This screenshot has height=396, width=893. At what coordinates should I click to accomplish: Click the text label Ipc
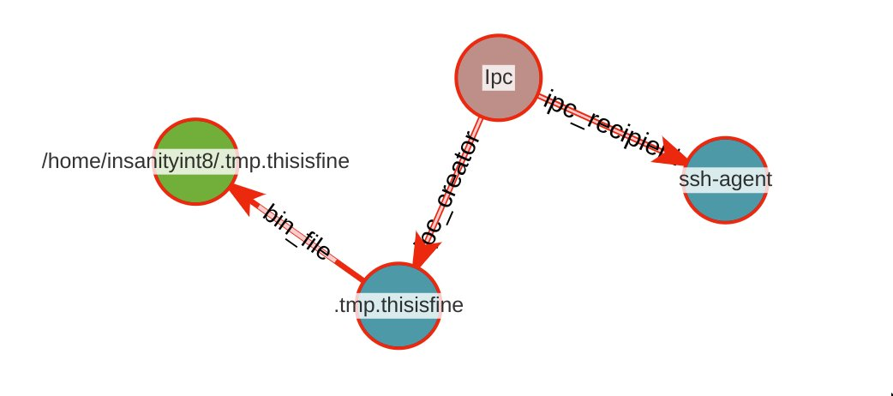[498, 77]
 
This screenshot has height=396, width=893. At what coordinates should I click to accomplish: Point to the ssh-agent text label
[725, 179]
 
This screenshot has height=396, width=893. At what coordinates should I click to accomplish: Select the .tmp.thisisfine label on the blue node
[399, 304]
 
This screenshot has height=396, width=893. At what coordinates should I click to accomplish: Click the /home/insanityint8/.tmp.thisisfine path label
[195, 160]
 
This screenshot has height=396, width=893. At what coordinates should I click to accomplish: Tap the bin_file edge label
[296, 232]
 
